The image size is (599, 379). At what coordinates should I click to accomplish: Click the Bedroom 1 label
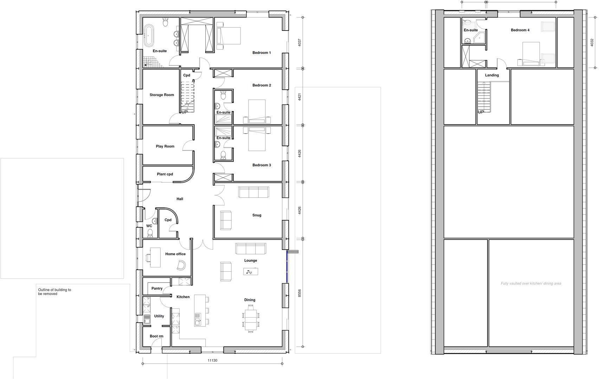coord(262,53)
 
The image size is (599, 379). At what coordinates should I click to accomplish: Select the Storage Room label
coord(162,95)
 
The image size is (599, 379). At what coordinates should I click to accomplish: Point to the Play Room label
coord(165,146)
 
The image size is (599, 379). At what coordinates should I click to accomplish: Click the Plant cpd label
coord(165,174)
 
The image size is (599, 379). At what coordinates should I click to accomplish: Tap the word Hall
coord(180,199)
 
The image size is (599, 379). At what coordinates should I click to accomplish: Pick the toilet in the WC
coord(150,233)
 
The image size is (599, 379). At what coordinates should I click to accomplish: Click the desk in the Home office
coord(155,257)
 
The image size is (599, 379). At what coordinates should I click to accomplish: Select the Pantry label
coord(157,288)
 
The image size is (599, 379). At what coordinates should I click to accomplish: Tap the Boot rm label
coord(156,336)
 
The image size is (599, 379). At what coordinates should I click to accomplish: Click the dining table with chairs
coord(251,319)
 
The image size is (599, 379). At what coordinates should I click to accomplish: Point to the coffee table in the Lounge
coord(251,272)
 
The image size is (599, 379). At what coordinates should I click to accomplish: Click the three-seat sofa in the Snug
coord(253,192)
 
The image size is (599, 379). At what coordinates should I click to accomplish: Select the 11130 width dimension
coord(212,360)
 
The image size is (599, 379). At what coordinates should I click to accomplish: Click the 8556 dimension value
coord(299,293)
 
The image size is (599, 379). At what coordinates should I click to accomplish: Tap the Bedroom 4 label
coord(520,30)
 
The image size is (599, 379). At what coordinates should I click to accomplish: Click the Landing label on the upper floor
coord(492,75)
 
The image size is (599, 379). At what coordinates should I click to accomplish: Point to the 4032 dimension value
coord(592,42)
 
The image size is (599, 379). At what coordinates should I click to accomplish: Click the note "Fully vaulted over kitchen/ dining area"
coord(531,284)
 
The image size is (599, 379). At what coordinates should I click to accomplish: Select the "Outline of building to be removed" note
coord(54,292)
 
